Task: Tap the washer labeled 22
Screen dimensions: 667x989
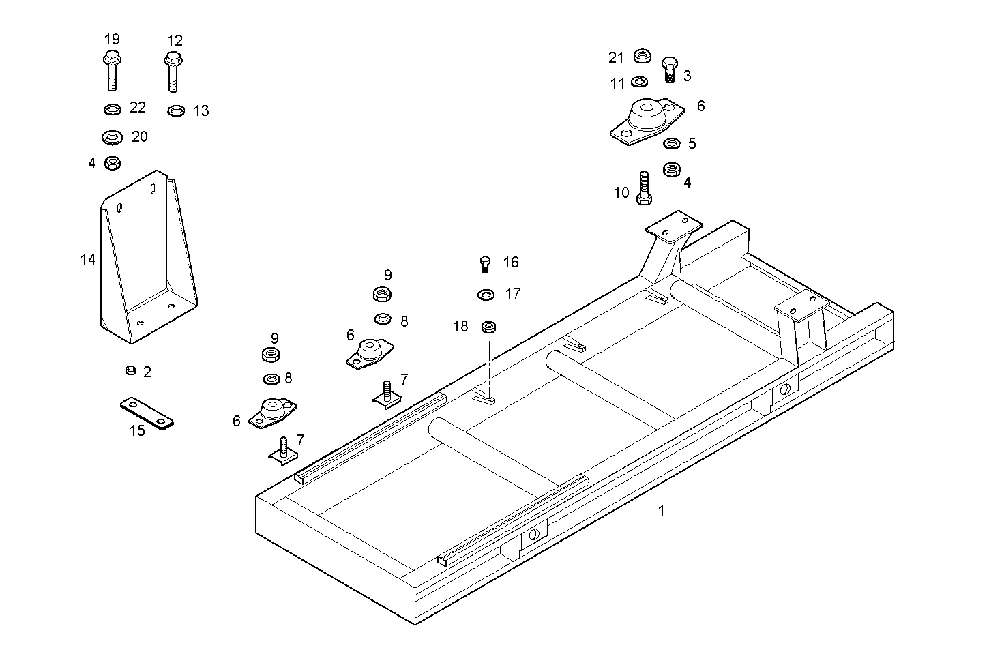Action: pos(112,108)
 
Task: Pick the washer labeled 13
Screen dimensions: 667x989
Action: pos(176,110)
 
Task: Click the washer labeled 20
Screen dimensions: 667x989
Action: pos(112,138)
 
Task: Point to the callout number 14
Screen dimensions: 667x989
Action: pos(88,259)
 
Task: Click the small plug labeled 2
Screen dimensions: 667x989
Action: pos(130,370)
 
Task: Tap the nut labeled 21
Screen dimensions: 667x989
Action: pos(642,56)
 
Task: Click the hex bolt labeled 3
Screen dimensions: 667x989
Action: pos(669,69)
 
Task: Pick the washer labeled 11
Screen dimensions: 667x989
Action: pos(640,82)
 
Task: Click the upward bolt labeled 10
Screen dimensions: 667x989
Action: pos(644,188)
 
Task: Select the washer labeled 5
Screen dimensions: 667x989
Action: pos(672,143)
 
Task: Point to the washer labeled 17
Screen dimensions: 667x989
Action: pos(486,295)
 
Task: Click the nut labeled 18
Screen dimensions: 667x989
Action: pos(488,327)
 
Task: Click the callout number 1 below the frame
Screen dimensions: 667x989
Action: pos(660,510)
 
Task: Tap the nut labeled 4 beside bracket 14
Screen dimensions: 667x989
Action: pos(113,163)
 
